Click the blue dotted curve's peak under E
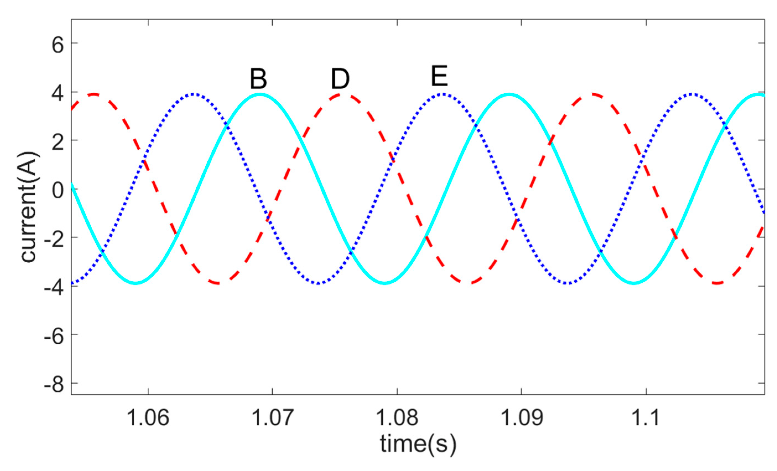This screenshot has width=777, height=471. tap(443, 94)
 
